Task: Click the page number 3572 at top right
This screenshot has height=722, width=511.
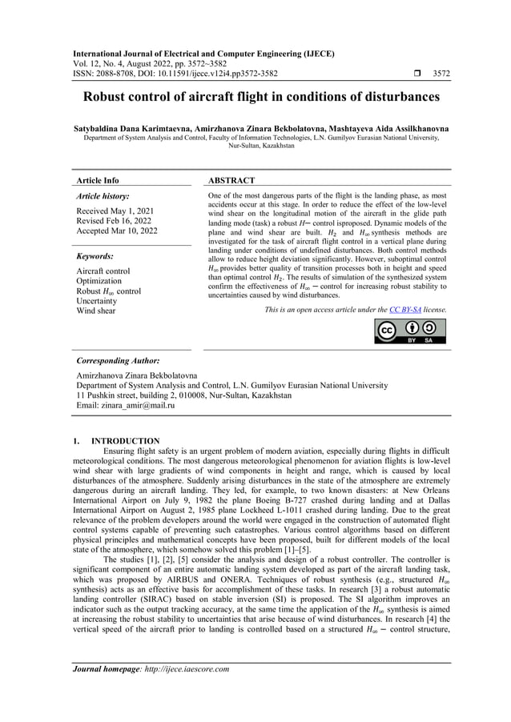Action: [x=441, y=74]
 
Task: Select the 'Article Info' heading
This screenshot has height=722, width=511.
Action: [x=96, y=181]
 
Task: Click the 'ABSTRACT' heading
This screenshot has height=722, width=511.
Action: [x=231, y=181]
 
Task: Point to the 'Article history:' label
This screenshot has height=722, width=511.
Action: [x=102, y=196]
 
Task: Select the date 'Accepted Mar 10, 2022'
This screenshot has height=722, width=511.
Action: [x=116, y=231]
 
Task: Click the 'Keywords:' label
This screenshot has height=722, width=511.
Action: [x=95, y=256]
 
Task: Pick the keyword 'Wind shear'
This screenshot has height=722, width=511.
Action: [x=95, y=311]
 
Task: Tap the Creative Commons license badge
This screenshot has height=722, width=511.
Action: [x=411, y=331]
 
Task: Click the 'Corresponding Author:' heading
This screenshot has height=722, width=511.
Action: [x=117, y=361]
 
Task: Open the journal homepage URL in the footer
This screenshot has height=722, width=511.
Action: [x=189, y=669]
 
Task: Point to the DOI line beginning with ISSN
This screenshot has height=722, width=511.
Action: [x=175, y=74]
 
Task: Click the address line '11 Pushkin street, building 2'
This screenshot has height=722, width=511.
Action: [x=183, y=395]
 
